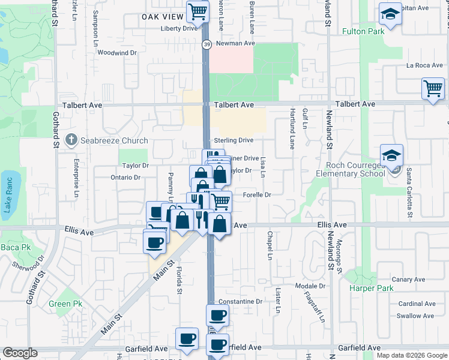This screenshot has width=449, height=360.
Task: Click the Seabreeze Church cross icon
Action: (x=71, y=140)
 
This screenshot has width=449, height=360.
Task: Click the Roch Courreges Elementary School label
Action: (x=355, y=169)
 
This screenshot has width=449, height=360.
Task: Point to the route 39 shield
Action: (x=206, y=44)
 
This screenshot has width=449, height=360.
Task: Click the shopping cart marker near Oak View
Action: (x=197, y=10)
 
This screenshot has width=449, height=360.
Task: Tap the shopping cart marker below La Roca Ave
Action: (x=432, y=89)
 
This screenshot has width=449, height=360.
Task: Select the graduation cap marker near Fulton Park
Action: (x=390, y=14)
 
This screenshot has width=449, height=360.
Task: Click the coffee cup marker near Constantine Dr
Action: (x=217, y=314)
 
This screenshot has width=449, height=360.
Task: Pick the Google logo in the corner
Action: (x=20, y=353)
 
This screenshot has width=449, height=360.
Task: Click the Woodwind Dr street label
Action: (x=117, y=53)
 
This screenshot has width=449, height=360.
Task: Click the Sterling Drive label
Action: (x=234, y=140)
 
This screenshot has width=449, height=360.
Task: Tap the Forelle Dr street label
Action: (x=257, y=195)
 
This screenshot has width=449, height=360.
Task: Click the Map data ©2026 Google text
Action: (x=412, y=355)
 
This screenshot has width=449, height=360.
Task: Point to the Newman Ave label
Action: (x=236, y=43)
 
